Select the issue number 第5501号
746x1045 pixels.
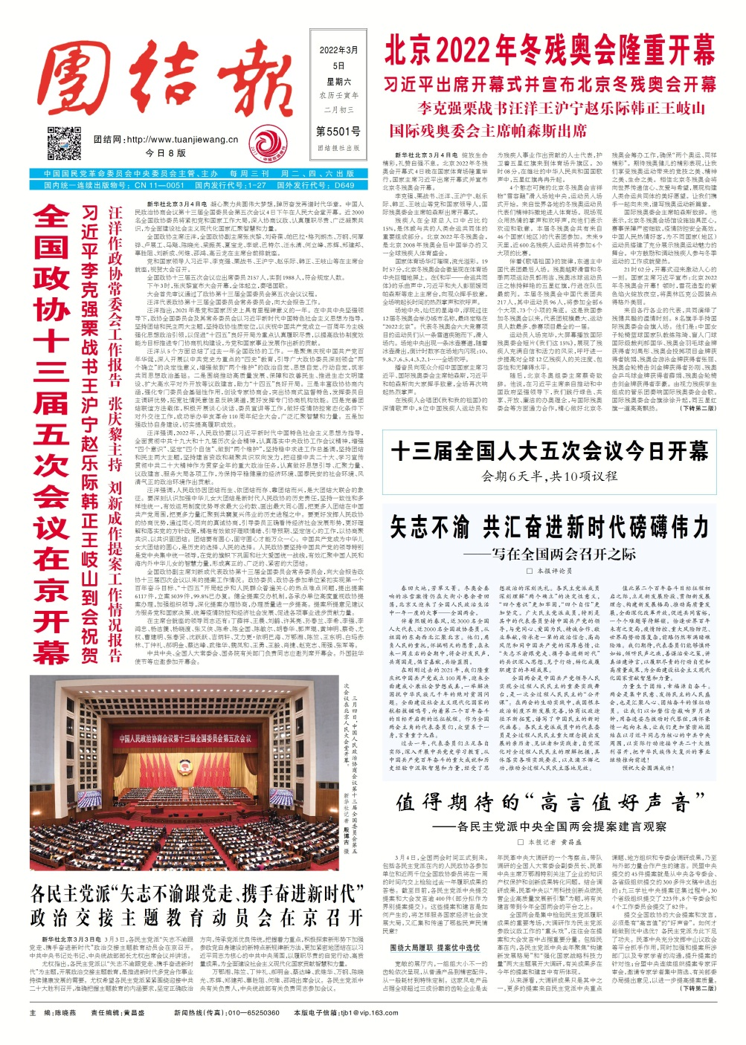coord(338,132)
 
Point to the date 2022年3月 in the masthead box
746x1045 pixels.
coord(338,51)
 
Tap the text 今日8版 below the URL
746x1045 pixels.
coord(165,153)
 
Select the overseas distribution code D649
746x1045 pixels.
coord(344,185)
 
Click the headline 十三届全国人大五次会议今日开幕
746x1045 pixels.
coord(550,451)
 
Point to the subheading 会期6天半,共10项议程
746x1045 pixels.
coord(550,476)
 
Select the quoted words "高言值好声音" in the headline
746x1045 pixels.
coord(611,802)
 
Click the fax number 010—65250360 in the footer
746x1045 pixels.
coord(239,1033)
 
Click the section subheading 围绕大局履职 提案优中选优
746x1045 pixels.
coord(435,948)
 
